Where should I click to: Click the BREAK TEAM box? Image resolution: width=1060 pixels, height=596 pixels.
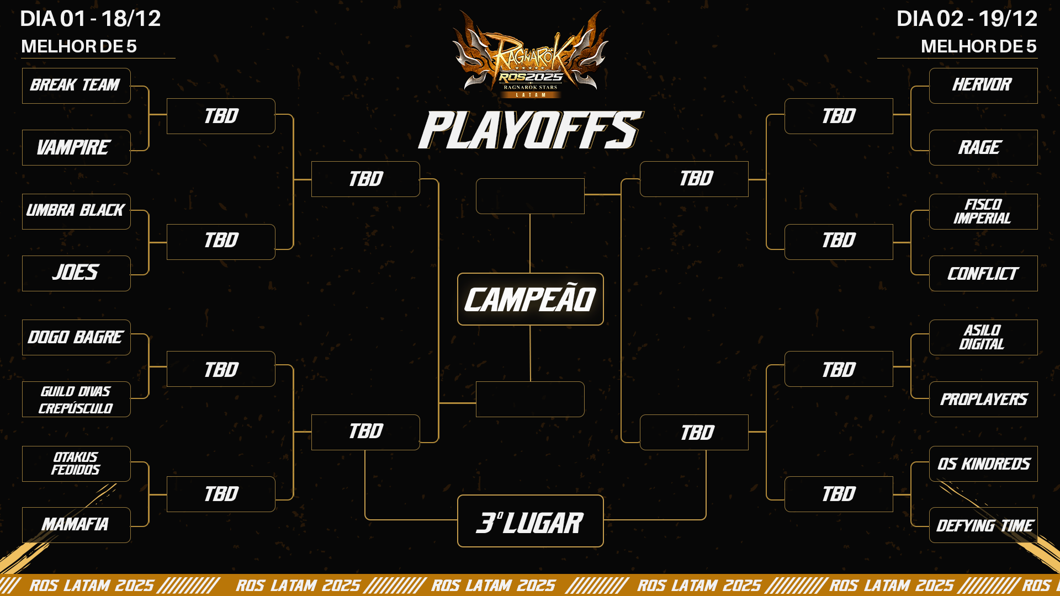point(76,86)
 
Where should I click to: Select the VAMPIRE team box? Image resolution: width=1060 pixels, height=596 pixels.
point(76,147)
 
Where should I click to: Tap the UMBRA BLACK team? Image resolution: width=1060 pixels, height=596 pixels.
point(76,211)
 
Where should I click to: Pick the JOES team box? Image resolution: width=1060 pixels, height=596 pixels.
point(76,273)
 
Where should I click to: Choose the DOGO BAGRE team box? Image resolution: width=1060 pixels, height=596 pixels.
point(76,337)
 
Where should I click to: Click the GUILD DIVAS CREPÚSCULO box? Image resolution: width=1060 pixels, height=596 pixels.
point(76,399)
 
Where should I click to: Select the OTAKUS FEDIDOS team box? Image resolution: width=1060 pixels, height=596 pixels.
point(76,464)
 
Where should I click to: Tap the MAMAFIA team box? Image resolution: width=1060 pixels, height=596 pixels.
point(76,525)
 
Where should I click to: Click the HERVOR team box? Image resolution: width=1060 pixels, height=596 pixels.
point(983,86)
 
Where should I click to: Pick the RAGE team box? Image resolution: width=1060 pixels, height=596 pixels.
point(983,147)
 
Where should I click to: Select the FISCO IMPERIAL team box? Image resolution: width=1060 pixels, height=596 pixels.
point(983,211)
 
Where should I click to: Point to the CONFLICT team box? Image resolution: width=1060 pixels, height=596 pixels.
point(983,273)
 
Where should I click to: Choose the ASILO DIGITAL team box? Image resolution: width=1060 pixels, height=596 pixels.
point(983,337)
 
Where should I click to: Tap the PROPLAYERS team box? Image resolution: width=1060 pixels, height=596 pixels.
point(983,399)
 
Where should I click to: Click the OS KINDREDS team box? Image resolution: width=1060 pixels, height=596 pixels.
point(983,464)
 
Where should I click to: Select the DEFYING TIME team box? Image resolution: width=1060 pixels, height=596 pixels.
point(983,525)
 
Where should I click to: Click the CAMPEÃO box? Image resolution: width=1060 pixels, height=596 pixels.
point(530,299)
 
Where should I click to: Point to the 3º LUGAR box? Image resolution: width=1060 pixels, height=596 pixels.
point(530,521)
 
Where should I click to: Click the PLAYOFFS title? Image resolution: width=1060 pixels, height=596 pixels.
point(530,130)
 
